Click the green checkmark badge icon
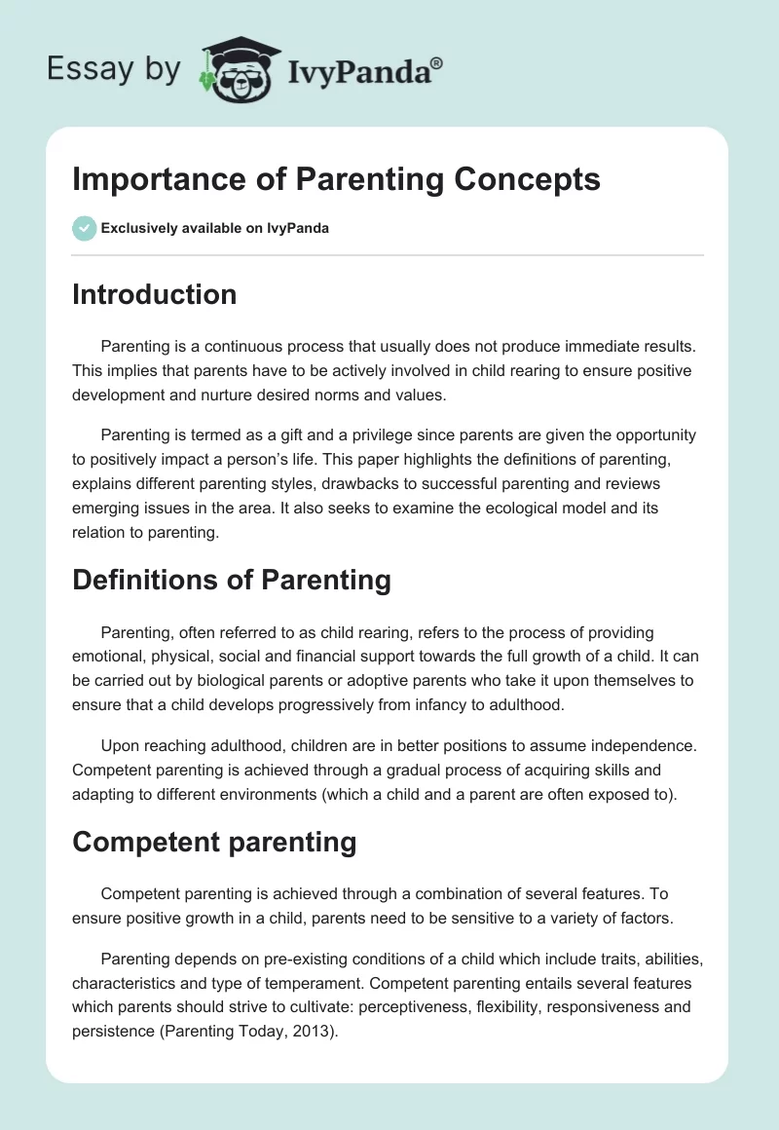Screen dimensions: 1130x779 pyautogui.click(x=84, y=228)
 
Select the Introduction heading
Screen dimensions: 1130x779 pyautogui.click(x=154, y=294)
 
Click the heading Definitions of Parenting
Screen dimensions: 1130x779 pyautogui.click(x=231, y=581)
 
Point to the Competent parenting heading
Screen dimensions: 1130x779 pyautogui.click(x=214, y=843)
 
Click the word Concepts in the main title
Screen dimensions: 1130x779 pyautogui.click(x=527, y=179)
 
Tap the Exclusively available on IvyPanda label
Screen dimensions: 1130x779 pyautogui.click(x=215, y=228)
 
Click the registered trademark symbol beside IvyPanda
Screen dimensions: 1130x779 pyautogui.click(x=437, y=63)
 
